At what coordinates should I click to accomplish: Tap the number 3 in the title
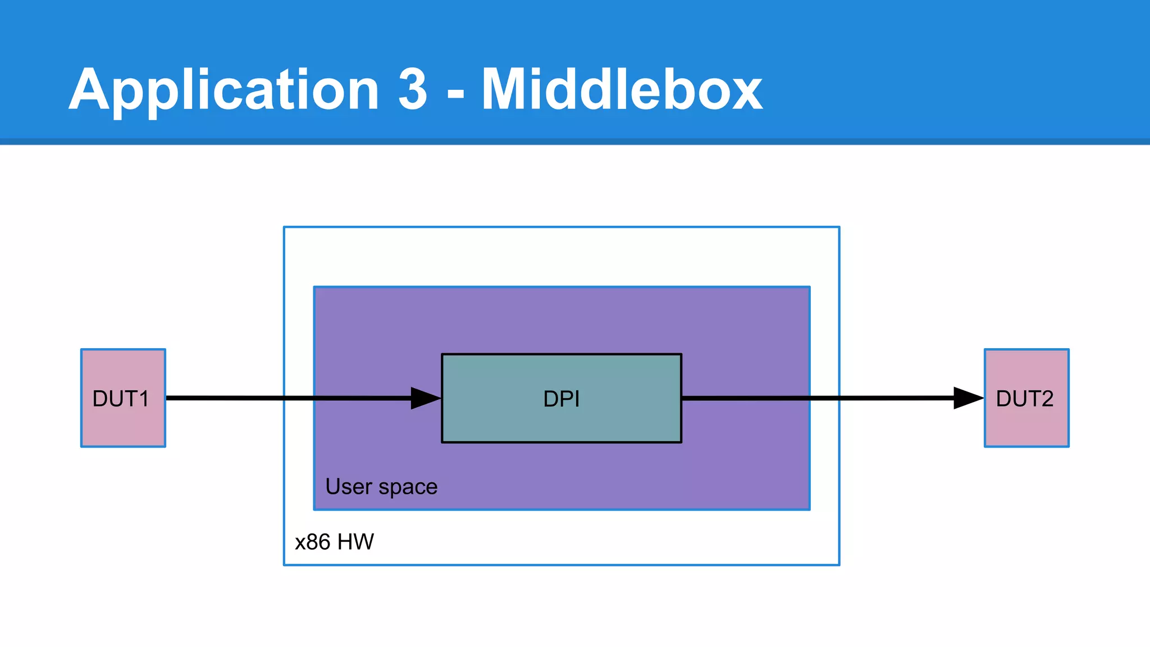413,90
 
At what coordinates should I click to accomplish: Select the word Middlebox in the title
622,90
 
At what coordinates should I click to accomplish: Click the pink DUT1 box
123,427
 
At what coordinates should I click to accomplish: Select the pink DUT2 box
1026,427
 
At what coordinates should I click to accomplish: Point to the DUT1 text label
121,399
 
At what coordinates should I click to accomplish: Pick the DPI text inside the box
562,399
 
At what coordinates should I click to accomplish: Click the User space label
381,486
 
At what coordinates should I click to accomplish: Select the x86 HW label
334,542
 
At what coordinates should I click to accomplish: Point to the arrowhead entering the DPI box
426,398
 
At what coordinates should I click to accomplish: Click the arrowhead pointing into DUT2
968,398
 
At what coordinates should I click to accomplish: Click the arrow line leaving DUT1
236,398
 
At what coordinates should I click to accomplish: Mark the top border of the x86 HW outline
562,227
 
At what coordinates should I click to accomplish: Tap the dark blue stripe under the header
575,142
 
